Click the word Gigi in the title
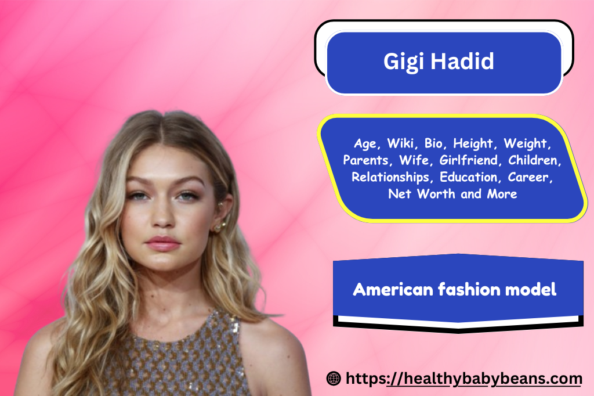(404, 62)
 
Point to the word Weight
(527, 144)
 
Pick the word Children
(534, 160)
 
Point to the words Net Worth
(422, 194)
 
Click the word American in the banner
(393, 289)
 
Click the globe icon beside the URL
(334, 379)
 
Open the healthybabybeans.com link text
(463, 379)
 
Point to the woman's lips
(163, 243)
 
